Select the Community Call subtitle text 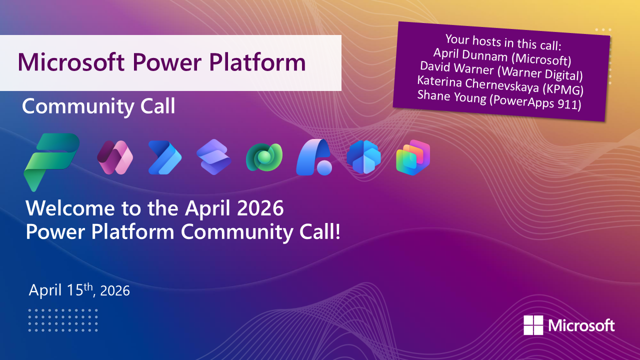pyautogui.click(x=98, y=106)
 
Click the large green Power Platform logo pyautogui.click(x=51, y=160)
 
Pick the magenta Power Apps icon pyautogui.click(x=114, y=157)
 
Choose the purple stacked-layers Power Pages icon pyautogui.click(x=214, y=157)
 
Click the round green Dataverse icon pyautogui.click(x=264, y=157)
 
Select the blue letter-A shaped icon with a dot pyautogui.click(x=313, y=157)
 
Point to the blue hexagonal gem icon pyautogui.click(x=363, y=157)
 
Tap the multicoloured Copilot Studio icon pyautogui.click(x=413, y=157)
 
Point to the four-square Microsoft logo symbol pyautogui.click(x=533, y=325)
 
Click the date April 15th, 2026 pyautogui.click(x=79, y=290)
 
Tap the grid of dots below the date pyautogui.click(x=62, y=320)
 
